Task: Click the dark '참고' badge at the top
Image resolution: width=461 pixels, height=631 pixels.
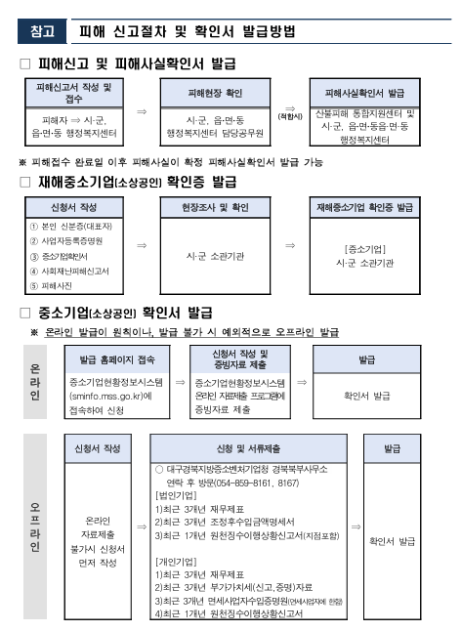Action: (42, 31)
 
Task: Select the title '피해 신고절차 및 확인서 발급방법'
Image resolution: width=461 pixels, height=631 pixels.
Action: (187, 31)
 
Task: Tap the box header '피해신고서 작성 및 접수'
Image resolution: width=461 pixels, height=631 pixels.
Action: (73, 93)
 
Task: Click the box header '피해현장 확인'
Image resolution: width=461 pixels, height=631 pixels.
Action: (214, 93)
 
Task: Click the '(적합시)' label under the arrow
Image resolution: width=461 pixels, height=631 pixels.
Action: (290, 116)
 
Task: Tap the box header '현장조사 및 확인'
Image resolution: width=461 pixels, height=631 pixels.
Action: (215, 207)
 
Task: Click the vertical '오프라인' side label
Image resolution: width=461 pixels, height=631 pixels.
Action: (36, 528)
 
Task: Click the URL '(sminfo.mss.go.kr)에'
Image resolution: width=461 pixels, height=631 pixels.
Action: (111, 398)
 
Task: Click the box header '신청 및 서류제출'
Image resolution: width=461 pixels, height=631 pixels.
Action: (253, 447)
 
